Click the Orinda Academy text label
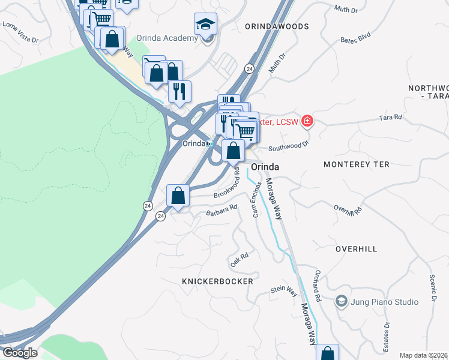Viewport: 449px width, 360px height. (167, 38)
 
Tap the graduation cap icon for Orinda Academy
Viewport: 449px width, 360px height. (205, 25)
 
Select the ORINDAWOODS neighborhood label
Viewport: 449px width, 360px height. (277, 26)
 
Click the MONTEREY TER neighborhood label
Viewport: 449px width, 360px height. (356, 164)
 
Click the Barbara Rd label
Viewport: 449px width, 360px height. (221, 210)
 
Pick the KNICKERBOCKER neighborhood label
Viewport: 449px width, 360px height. (217, 281)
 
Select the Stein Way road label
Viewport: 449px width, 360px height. (284, 290)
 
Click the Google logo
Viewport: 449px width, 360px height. (19, 352)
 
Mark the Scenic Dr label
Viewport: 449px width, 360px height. (431, 289)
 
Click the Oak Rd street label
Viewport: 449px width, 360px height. (239, 260)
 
